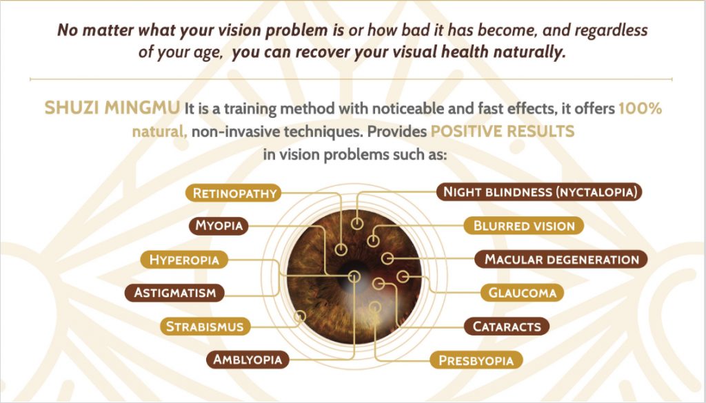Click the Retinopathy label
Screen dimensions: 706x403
pyautogui.click(x=234, y=193)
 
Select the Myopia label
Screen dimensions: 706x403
pyautogui.click(x=219, y=225)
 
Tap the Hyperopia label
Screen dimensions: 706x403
pyautogui.click(x=184, y=260)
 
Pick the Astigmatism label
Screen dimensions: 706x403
pyautogui.click(x=174, y=293)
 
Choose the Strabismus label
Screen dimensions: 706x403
pyautogui.click(x=205, y=326)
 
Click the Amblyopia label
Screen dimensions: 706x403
pyautogui.click(x=248, y=360)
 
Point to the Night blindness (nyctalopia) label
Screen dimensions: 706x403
pyautogui.click(x=539, y=192)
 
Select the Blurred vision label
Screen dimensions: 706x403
pyautogui.click(x=524, y=225)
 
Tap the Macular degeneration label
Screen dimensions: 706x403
pyautogui.click(x=561, y=260)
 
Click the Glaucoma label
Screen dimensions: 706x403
pyautogui.click(x=523, y=293)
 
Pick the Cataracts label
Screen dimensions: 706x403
pyautogui.click(x=507, y=326)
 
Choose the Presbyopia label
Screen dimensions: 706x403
pyautogui.click(x=476, y=360)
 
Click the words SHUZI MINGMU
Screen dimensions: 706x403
pyautogui.click(x=112, y=108)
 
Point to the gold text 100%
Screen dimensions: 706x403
pyautogui.click(x=641, y=108)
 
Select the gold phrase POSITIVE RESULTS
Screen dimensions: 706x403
pyautogui.click(x=503, y=132)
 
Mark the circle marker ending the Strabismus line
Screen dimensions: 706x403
pyautogui.click(x=299, y=316)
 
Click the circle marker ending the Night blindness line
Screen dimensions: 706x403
pyautogui.click(x=357, y=223)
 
